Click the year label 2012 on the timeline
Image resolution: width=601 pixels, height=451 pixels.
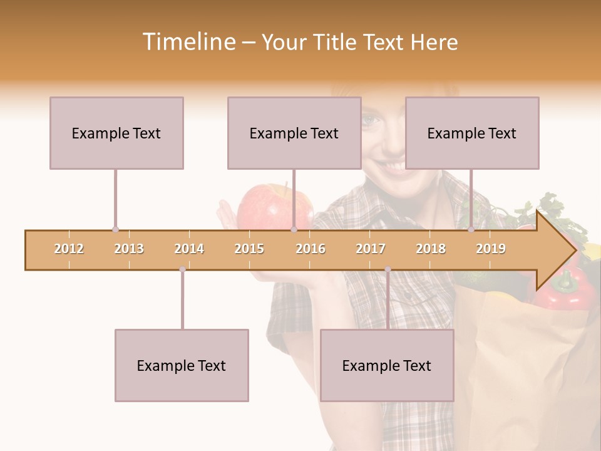click(x=69, y=249)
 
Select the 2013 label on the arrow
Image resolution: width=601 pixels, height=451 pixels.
click(x=129, y=249)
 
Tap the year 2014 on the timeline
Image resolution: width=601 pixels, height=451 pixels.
click(x=189, y=249)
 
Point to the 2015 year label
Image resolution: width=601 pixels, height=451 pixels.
click(x=249, y=249)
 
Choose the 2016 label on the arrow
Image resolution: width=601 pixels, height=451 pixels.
click(x=311, y=249)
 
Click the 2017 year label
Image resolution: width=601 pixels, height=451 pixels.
click(x=371, y=249)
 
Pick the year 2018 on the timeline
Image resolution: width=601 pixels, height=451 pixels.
click(x=431, y=249)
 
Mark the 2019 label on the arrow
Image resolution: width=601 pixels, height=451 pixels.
click(x=491, y=249)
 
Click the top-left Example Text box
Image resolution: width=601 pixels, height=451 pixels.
click(x=116, y=133)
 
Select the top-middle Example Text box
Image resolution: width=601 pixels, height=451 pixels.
click(x=294, y=133)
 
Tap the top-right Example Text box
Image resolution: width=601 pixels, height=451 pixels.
click(x=472, y=133)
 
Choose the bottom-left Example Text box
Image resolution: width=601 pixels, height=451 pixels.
click(x=182, y=365)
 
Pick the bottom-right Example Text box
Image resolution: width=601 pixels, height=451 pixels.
click(x=387, y=365)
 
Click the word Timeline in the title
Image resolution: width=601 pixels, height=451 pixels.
click(x=188, y=42)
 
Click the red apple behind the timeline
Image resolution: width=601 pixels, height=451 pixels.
click(x=269, y=207)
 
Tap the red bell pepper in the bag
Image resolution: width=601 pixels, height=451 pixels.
click(x=563, y=291)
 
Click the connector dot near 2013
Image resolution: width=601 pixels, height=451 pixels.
click(x=115, y=229)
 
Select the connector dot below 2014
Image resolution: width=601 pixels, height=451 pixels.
click(x=182, y=269)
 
